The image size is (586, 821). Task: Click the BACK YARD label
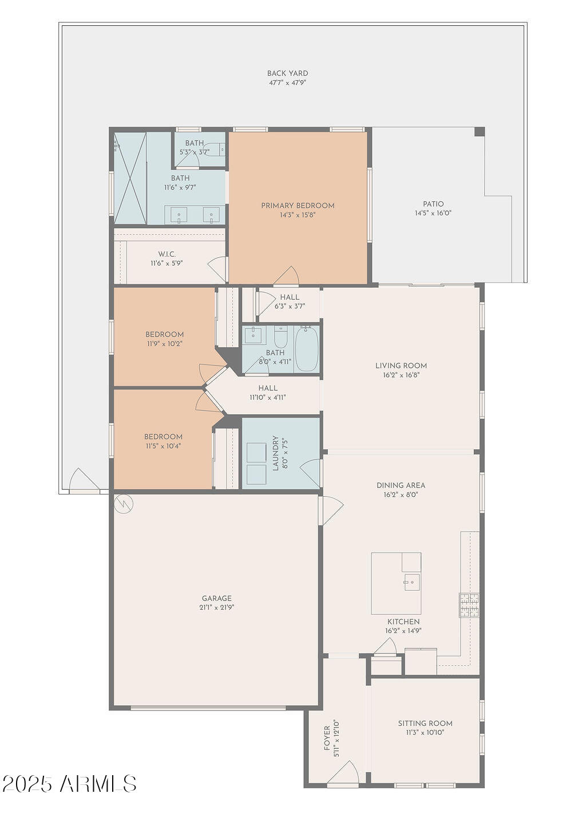tap(287, 73)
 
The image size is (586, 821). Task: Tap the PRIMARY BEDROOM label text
tap(298, 206)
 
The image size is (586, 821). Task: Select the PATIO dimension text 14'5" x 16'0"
tap(433, 213)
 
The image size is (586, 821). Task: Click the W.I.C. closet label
tap(167, 254)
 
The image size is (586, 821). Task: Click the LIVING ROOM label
tap(401, 366)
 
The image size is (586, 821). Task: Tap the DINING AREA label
tap(401, 485)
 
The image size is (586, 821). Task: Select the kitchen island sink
tap(411, 582)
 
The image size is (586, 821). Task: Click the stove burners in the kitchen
tap(469, 606)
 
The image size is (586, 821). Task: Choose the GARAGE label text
tap(216, 598)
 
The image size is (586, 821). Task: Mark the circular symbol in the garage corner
tap(123, 504)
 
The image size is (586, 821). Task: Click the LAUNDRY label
tap(276, 453)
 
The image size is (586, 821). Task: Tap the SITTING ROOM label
tap(425, 723)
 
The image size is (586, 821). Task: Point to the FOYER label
tap(327, 738)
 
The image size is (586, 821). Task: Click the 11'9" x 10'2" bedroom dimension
tap(164, 344)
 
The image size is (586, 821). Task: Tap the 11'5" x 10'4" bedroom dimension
tap(163, 446)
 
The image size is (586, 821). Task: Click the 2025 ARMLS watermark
tap(69, 783)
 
